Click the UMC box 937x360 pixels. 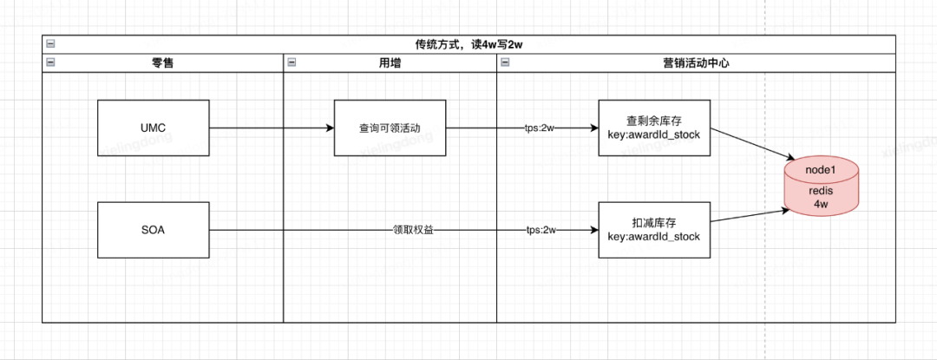[x=154, y=128]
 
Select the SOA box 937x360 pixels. [x=154, y=230]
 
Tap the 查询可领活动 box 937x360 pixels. [x=390, y=128]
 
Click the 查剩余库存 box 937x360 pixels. [x=655, y=128]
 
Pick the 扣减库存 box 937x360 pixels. [x=655, y=230]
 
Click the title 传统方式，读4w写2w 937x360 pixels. [x=469, y=45]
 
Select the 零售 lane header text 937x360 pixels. [x=162, y=63]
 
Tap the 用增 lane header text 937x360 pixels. [x=390, y=63]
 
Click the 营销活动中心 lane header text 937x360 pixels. [x=696, y=63]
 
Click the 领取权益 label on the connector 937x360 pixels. [x=413, y=230]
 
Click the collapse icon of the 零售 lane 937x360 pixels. [x=51, y=62]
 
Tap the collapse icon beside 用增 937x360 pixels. [x=292, y=62]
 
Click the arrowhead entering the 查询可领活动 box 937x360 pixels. [x=330, y=128]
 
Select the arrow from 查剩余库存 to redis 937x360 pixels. [x=753, y=143]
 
